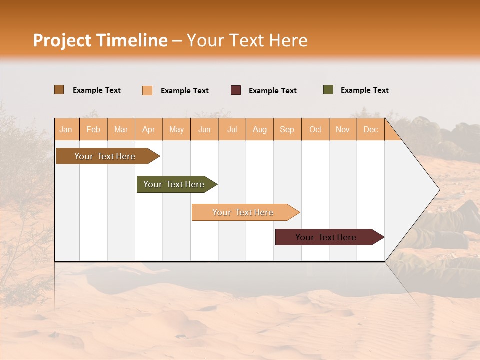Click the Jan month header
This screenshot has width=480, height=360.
(66, 129)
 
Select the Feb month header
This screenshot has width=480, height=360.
(93, 129)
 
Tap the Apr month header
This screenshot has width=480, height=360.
(149, 129)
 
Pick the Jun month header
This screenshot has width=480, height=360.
(204, 129)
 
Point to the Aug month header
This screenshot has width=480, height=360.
(260, 129)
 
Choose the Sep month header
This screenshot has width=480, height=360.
(287, 129)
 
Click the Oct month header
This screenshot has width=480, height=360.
(315, 129)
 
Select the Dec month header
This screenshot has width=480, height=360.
(370, 129)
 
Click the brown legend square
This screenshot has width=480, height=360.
(59, 90)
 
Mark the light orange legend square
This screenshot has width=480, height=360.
(147, 90)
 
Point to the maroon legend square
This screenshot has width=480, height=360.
(236, 90)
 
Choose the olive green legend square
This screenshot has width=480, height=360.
(328, 90)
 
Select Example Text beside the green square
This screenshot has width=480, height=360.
(364, 90)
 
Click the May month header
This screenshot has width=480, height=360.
(176, 129)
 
